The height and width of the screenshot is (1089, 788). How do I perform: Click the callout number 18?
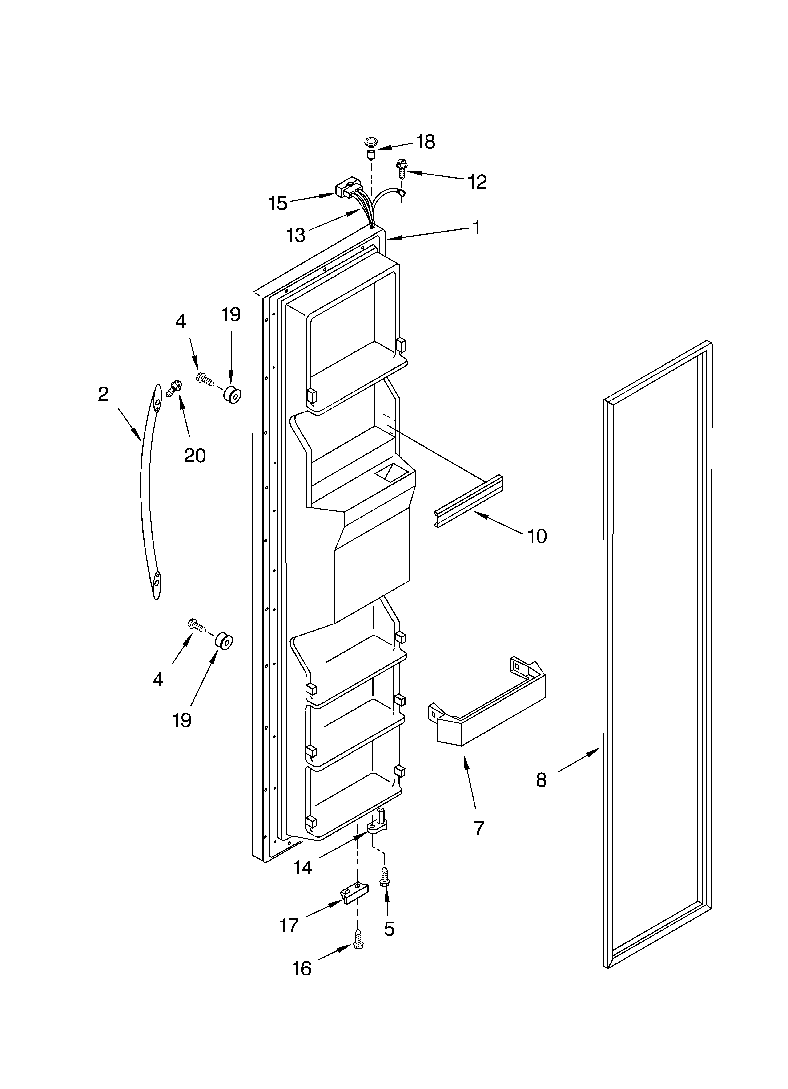(x=425, y=142)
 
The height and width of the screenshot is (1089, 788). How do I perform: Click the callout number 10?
(x=537, y=536)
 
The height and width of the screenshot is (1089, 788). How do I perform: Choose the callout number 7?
(x=479, y=828)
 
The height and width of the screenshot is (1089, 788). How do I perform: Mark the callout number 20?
(x=195, y=455)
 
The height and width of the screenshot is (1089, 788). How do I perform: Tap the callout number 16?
(x=301, y=969)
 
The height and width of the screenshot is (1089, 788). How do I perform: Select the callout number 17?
(x=289, y=925)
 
